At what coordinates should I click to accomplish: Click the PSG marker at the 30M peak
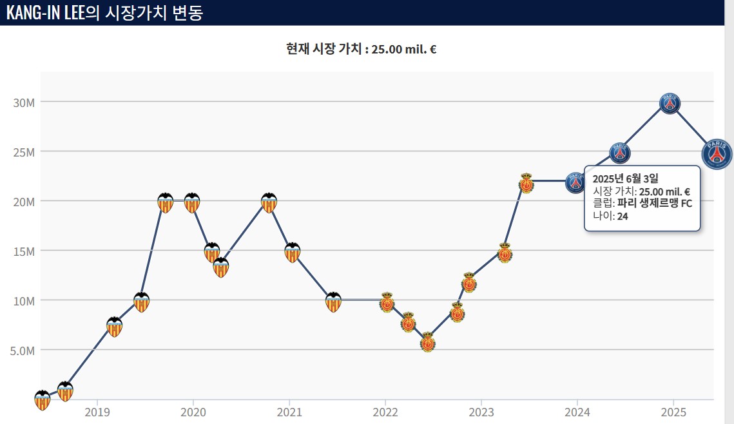[x=670, y=103]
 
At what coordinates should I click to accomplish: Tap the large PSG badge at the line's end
[x=717, y=154]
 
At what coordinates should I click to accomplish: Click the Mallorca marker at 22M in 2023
[x=526, y=184]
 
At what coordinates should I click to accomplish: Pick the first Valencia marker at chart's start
[x=42, y=400]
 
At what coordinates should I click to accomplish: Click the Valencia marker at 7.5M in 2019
[x=114, y=327]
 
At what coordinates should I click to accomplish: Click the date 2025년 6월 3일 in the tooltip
[x=626, y=178]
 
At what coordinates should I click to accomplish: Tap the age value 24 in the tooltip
[x=623, y=216]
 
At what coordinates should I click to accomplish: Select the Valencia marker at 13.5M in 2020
[x=221, y=267]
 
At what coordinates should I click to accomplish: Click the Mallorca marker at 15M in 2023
[x=505, y=253]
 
